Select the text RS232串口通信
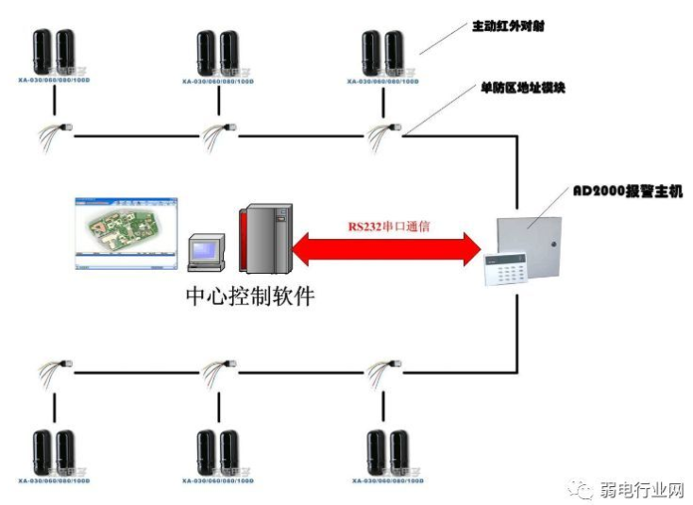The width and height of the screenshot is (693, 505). [x=388, y=227]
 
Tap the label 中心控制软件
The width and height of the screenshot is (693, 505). [x=249, y=295]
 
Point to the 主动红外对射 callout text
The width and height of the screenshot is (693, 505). [x=507, y=26]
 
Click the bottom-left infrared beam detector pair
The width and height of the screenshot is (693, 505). [x=53, y=452]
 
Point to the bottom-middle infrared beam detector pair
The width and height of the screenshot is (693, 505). [x=219, y=452]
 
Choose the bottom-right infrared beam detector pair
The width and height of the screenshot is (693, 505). [x=388, y=452]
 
